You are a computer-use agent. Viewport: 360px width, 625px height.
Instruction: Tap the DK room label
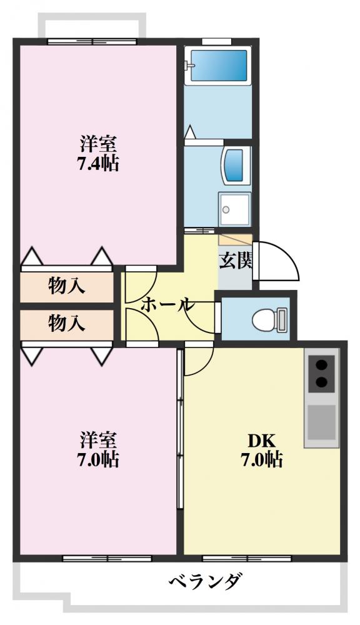point(262,439)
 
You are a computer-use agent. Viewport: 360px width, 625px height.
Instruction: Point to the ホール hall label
point(167,305)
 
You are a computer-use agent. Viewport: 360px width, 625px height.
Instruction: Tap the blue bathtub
point(218,65)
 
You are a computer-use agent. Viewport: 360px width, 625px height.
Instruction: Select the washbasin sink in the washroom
point(235,165)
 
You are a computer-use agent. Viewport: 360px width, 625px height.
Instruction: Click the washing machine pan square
point(234,208)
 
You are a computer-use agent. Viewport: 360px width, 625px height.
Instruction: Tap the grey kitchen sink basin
point(322,422)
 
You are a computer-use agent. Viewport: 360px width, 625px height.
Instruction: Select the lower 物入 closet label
point(67,324)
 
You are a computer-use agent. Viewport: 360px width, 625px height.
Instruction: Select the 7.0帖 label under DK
point(262,461)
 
